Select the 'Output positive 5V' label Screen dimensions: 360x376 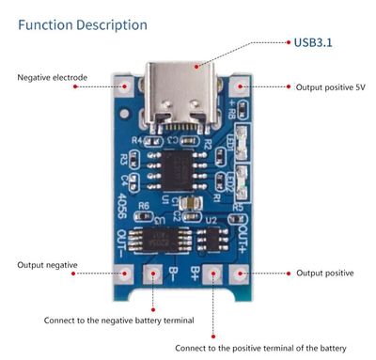click(x=330, y=86)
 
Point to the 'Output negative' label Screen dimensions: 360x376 click(x=47, y=264)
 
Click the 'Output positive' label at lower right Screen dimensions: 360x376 click(x=325, y=273)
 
